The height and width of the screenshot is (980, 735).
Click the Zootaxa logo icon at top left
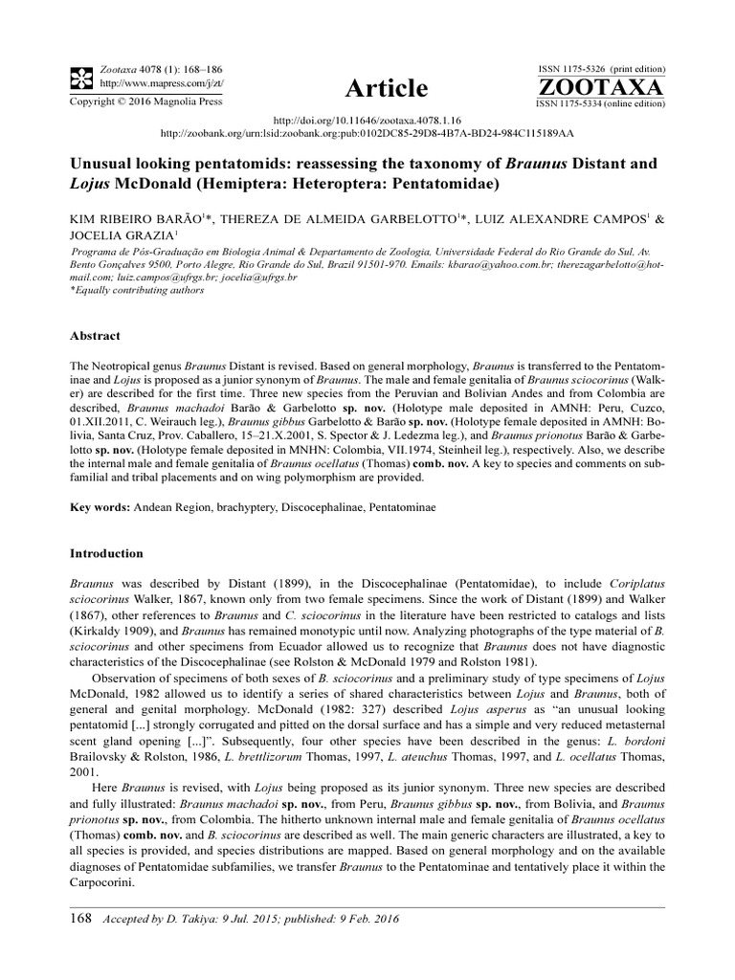pyautogui.click(x=83, y=78)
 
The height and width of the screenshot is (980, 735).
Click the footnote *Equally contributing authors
pyautogui.click(x=136, y=289)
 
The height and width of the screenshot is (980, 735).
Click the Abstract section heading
pyautogui.click(x=96, y=337)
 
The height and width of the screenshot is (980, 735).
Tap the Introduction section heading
pyautogui.click(x=107, y=553)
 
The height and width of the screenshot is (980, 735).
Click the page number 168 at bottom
pyautogui.click(x=81, y=919)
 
